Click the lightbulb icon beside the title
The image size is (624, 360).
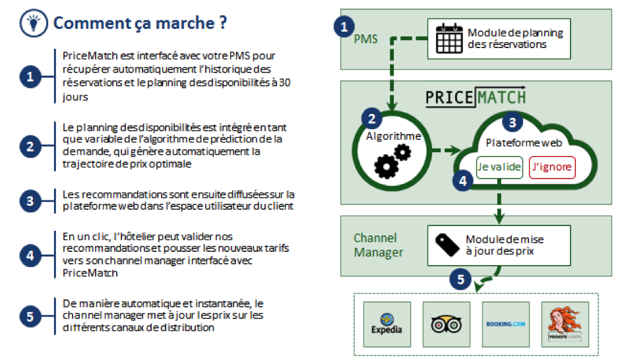coord(34,22)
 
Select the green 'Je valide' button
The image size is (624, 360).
coord(499,167)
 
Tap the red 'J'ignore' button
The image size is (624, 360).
coord(552,167)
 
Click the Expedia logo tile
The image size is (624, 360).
coord(387,324)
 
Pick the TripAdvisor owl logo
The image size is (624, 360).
coord(446,324)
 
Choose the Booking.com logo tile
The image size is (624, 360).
coord(506,324)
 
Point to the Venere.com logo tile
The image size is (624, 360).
coord(565,324)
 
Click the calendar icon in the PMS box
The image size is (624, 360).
coord(449,38)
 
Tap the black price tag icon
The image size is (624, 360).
coord(447,245)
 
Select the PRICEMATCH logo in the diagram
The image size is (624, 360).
coord(476,97)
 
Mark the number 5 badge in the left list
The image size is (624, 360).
coord(30,316)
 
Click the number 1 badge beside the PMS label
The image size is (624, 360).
coord(344,26)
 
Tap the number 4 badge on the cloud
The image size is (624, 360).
coord(463,181)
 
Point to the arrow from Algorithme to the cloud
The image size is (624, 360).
coord(446,150)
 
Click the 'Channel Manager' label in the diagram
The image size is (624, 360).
coord(379,245)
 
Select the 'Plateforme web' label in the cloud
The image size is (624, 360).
coord(524,143)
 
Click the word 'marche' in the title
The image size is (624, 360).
coord(185,23)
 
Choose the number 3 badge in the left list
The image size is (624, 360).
coord(30,201)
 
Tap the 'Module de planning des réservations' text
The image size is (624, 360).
coord(515,38)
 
